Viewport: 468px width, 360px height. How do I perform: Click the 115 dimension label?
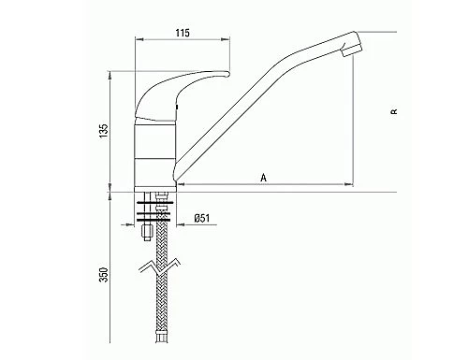click(183, 33)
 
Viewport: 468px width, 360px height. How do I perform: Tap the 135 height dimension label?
click(104, 131)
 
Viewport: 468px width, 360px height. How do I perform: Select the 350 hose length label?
click(104, 275)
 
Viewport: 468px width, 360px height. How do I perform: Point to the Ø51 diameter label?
click(202, 218)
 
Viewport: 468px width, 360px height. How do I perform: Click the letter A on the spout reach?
click(264, 178)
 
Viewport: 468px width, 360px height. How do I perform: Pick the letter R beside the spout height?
click(394, 111)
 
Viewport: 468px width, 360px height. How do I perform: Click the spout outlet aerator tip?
click(352, 50)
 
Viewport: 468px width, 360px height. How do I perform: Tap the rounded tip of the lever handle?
click(227, 74)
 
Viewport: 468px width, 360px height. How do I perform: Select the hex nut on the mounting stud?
click(147, 231)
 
